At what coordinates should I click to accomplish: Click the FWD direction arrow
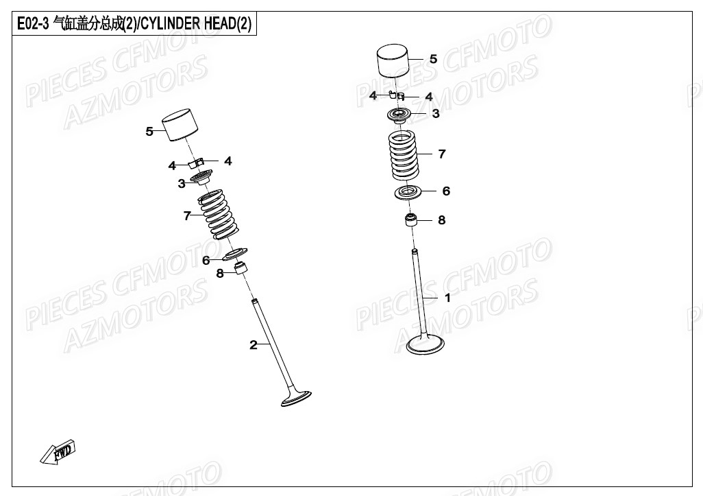pyautogui.click(x=58, y=451)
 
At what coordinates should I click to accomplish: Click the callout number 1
pyautogui.click(x=447, y=298)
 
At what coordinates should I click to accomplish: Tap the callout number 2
pyautogui.click(x=254, y=345)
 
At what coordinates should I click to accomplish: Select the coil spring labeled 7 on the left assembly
pyautogui.click(x=216, y=215)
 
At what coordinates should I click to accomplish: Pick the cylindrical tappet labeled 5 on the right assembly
pyautogui.click(x=393, y=61)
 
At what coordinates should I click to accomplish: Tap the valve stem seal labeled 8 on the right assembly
pyautogui.click(x=410, y=220)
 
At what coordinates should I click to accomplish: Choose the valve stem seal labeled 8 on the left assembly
pyautogui.click(x=242, y=268)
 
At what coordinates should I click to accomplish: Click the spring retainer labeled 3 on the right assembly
pyautogui.click(x=398, y=115)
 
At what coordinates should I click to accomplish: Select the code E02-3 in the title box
pyautogui.click(x=33, y=24)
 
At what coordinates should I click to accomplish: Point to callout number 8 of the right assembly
pyautogui.click(x=442, y=220)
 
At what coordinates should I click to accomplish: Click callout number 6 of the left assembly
pyautogui.click(x=206, y=260)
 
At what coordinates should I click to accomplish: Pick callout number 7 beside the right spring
pyautogui.click(x=442, y=154)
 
